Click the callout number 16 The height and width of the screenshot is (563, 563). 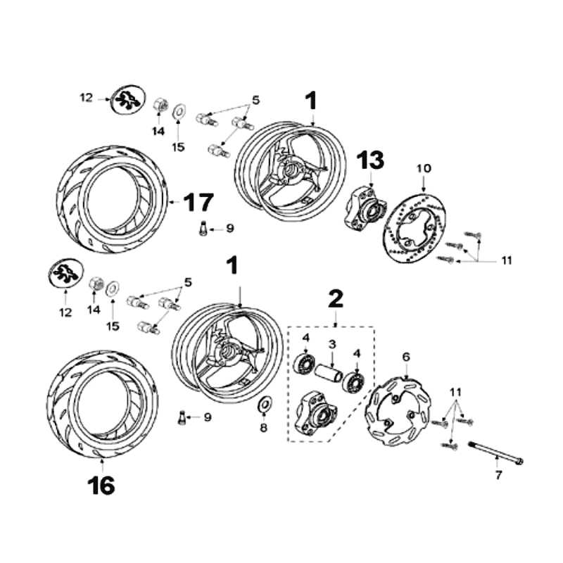(x=102, y=485)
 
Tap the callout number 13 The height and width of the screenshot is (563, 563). (x=370, y=161)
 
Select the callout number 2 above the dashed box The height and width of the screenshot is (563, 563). (x=336, y=298)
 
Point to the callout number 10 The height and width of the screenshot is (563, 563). (x=423, y=168)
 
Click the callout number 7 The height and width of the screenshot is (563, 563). (x=498, y=476)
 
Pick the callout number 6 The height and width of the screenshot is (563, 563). (x=405, y=357)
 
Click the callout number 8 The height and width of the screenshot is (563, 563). (x=264, y=427)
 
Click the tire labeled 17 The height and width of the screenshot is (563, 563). (x=113, y=201)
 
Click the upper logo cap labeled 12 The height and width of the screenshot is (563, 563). (x=129, y=99)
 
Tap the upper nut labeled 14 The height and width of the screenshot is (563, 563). (x=160, y=106)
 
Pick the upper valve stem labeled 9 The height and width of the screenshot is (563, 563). (x=203, y=229)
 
